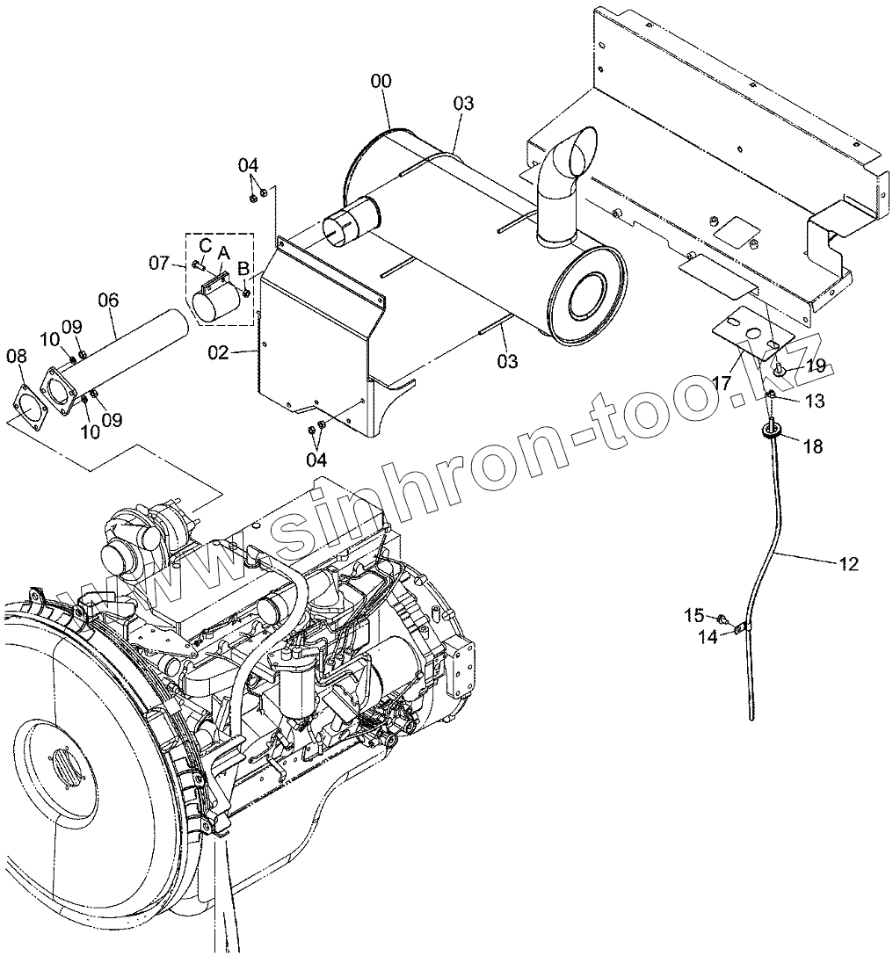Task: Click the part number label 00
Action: pos(381,82)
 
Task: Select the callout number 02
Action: pos(219,352)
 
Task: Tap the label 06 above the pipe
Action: pos(108,300)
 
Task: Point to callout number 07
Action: pos(158,263)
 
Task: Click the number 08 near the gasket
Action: pos(17,356)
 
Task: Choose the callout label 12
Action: pos(848,564)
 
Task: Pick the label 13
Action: pos(815,402)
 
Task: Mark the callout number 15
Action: pos(694,616)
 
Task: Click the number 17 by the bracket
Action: pos(722,384)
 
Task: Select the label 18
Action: pos(813,447)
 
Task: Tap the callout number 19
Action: pos(816,366)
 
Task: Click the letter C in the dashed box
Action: pos(204,243)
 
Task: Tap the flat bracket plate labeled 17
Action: pos(744,330)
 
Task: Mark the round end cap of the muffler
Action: pos(584,291)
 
